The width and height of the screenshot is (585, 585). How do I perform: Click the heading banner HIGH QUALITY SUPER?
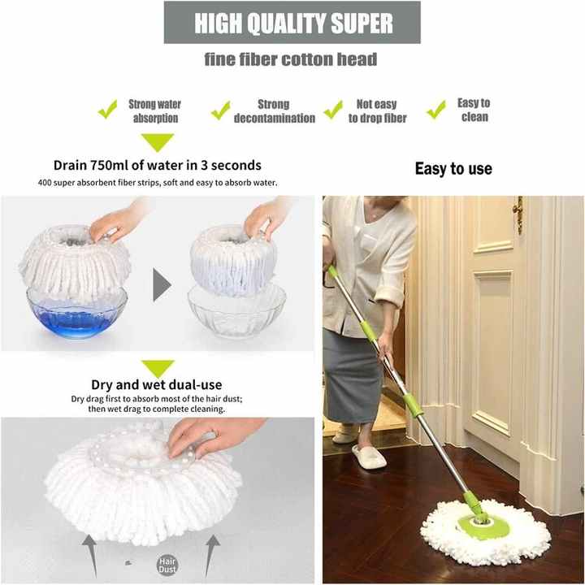coord(292,23)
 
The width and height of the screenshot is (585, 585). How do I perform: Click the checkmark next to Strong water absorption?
coord(107,110)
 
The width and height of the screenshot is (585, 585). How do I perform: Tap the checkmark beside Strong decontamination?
coord(220,110)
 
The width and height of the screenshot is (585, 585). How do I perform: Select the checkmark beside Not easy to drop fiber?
coord(333,109)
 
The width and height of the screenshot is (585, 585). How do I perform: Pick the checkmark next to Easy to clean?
coord(436,109)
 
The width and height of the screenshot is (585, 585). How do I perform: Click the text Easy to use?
coord(453,169)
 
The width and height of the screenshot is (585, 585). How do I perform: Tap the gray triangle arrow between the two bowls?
coord(162,285)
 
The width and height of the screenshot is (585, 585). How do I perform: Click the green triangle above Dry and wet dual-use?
coord(158,368)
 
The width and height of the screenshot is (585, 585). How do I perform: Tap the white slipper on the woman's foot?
coord(368,456)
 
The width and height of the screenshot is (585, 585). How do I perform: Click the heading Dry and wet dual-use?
coord(157,385)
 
